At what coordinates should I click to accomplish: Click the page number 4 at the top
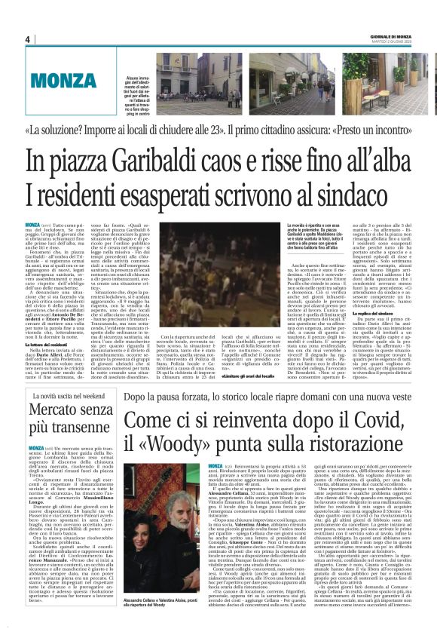(26, 39)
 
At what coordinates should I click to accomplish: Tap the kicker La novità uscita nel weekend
(72, 395)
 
